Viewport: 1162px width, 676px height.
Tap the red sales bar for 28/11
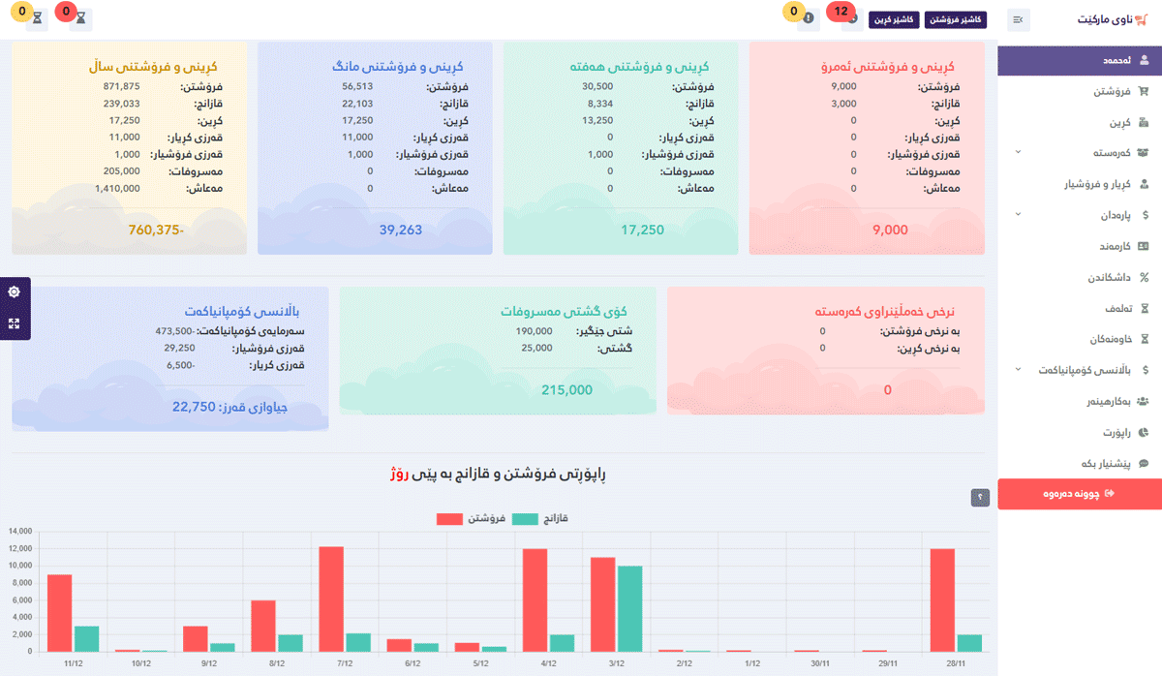tap(942, 600)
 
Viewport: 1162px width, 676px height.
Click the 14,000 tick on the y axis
tap(20, 532)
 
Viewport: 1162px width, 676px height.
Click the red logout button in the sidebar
tap(1079, 493)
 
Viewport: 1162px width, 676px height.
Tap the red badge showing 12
tap(841, 12)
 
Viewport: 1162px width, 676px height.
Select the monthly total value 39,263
tap(374, 230)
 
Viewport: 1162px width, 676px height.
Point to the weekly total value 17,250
tap(642, 230)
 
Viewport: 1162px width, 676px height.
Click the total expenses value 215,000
tap(566, 390)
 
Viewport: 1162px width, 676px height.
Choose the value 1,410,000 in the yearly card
tap(117, 188)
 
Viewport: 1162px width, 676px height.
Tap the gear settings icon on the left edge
tap(15, 292)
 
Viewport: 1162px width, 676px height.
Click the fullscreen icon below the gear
tap(15, 323)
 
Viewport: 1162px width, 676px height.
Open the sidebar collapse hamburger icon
tap(1018, 19)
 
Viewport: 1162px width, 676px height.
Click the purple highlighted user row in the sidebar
tap(1079, 60)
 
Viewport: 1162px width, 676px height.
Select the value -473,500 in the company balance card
tap(174, 331)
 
